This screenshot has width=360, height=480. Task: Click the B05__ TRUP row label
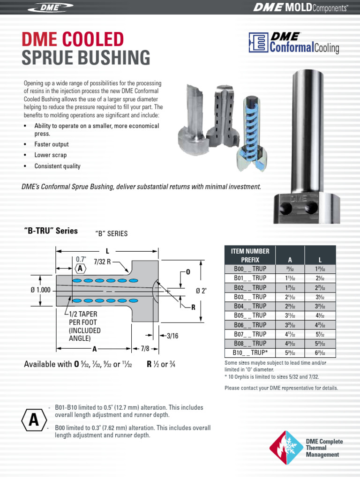[250, 315]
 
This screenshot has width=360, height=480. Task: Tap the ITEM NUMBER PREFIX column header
[250, 255]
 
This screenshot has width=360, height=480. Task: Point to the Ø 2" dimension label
[201, 291]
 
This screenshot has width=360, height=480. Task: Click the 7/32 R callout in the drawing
[102, 262]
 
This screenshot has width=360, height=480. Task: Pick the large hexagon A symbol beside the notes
[34, 420]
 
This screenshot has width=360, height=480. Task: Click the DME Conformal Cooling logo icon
[257, 43]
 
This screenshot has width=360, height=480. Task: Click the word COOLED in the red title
[89, 39]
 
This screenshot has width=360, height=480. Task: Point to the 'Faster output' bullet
[52, 144]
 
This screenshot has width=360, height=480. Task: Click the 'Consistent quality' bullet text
[57, 166]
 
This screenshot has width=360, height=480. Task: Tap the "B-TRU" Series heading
[51, 231]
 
